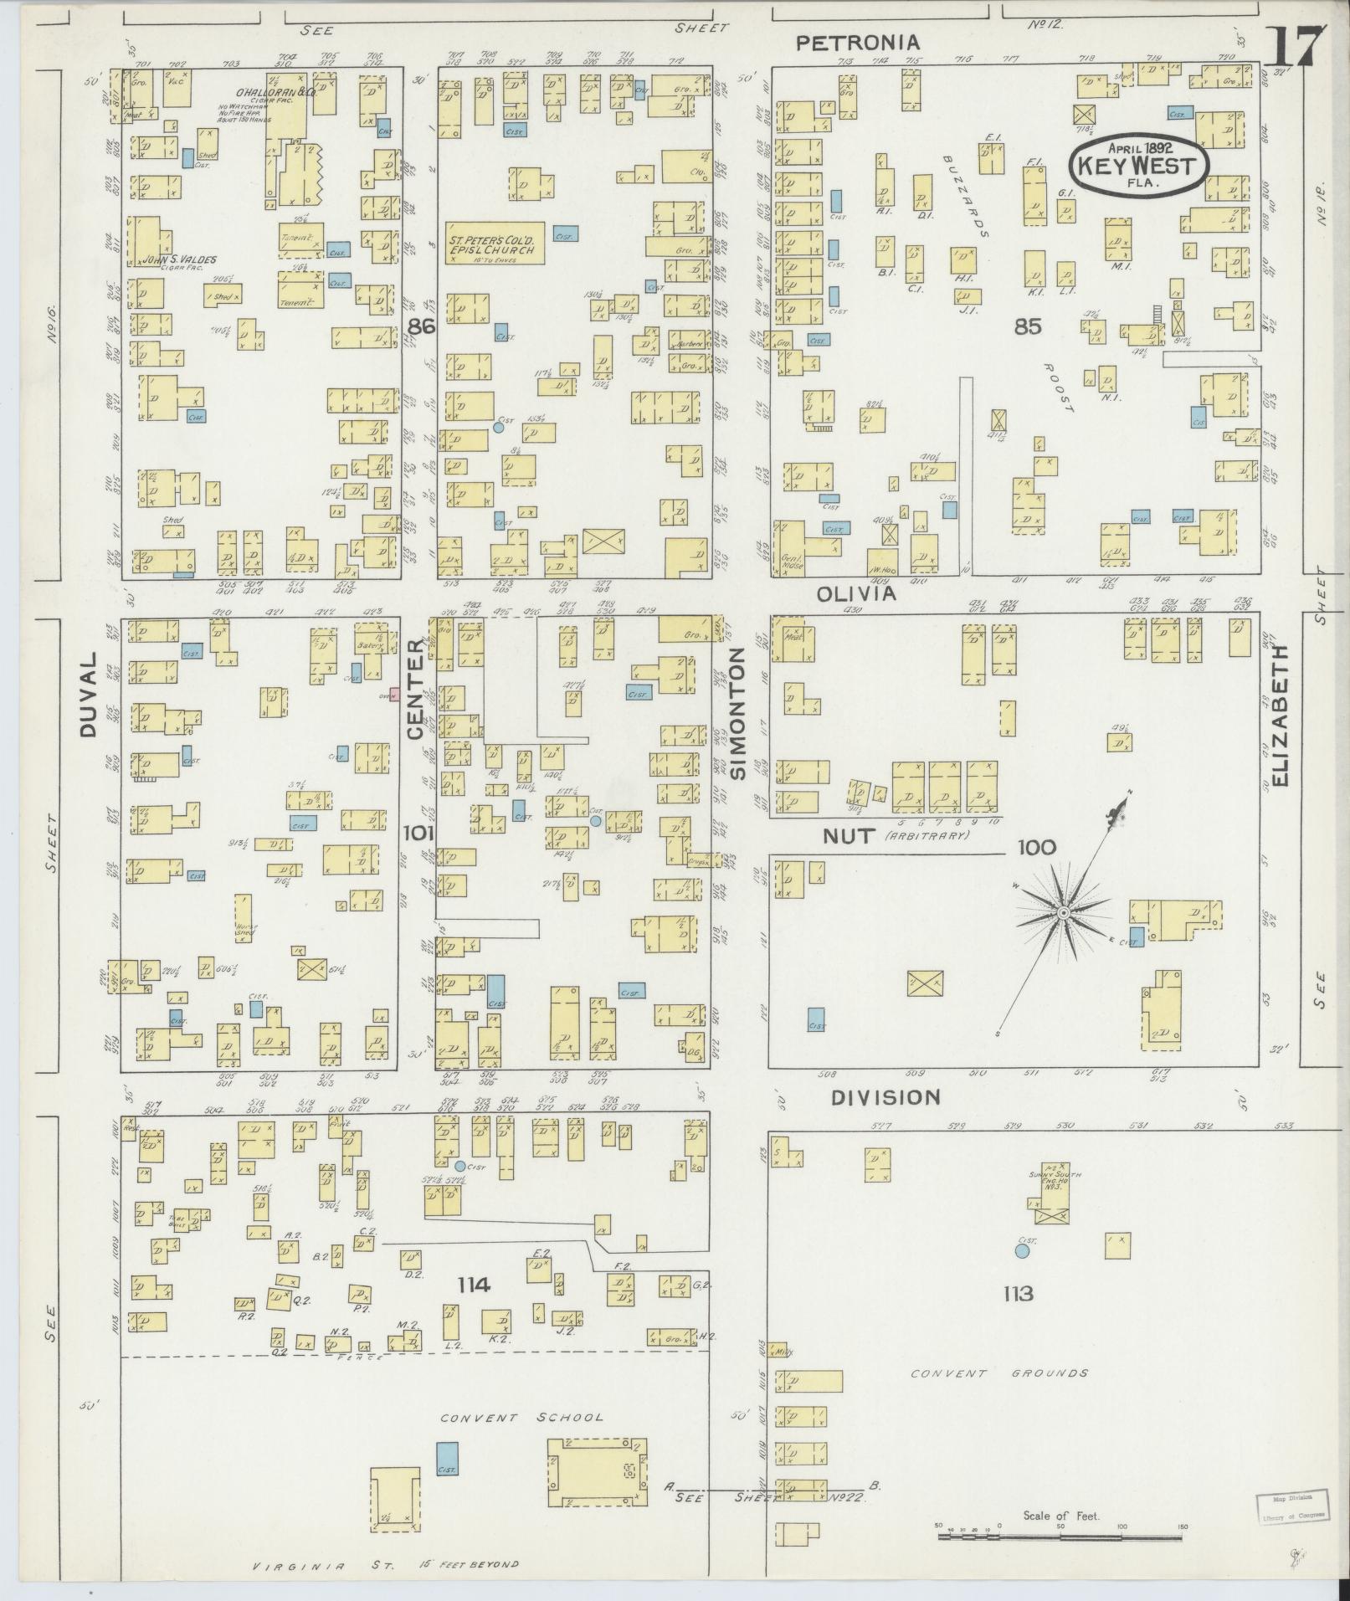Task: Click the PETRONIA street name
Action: click(x=857, y=43)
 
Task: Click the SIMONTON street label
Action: click(x=737, y=714)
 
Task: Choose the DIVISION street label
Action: click(x=885, y=1096)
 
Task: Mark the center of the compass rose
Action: click(x=1063, y=911)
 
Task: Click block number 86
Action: click(x=421, y=326)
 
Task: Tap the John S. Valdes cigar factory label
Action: click(x=177, y=260)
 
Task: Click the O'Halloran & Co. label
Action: click(x=265, y=94)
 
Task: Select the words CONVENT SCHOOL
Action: click(x=521, y=1417)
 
